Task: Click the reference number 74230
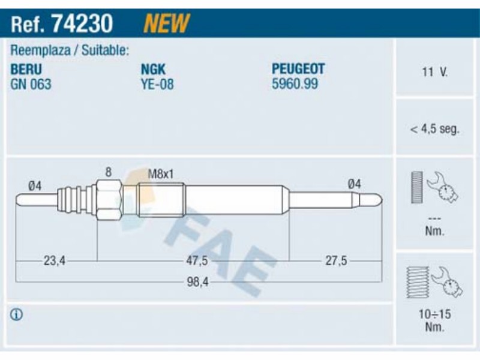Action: pos(82,23)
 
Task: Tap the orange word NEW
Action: pos(167,23)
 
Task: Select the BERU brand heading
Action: pos(26,69)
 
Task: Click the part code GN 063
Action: pos(31,84)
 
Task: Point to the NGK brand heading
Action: pos(153,69)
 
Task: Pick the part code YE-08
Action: pos(157,84)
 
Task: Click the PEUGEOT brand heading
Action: pos(298,68)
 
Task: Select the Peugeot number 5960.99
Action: pos(295,83)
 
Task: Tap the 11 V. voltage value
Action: pos(434,72)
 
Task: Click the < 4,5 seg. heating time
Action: pos(434,129)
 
